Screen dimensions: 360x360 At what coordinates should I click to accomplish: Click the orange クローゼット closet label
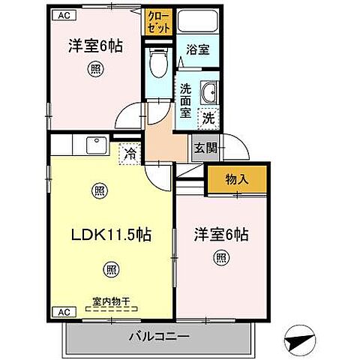pos(157,20)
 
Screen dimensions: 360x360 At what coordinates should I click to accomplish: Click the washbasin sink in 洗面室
pos(209,93)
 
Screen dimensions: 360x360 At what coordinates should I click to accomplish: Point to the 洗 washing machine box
pos(208,117)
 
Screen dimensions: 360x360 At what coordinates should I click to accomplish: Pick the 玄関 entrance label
pos(205,148)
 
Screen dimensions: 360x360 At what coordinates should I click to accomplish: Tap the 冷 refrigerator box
pos(130,155)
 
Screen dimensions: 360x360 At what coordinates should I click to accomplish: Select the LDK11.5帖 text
pos(110,234)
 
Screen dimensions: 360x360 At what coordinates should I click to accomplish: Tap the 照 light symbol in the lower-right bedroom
pos(221,259)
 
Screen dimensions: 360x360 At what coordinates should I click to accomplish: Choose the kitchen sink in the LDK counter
pos(96,145)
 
